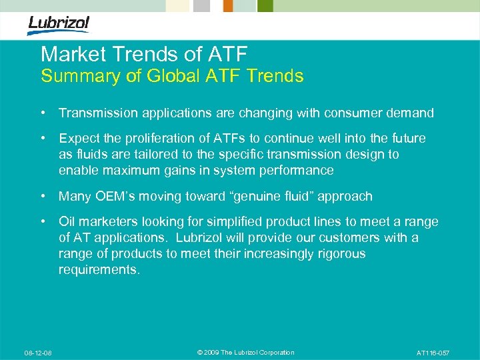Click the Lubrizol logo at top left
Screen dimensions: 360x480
coord(58,25)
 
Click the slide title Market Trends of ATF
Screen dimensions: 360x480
coord(143,54)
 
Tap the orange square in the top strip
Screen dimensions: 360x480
coord(228,6)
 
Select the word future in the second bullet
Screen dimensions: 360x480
coord(406,138)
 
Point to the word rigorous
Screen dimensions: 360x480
coord(339,253)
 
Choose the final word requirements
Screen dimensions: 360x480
coord(99,269)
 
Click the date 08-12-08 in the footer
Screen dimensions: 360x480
coord(39,353)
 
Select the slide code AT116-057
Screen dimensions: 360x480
coord(433,353)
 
